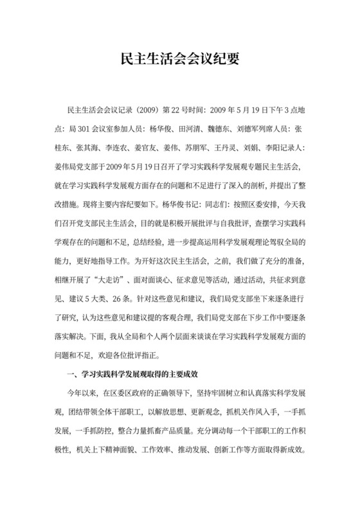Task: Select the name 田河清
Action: point(191,127)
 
